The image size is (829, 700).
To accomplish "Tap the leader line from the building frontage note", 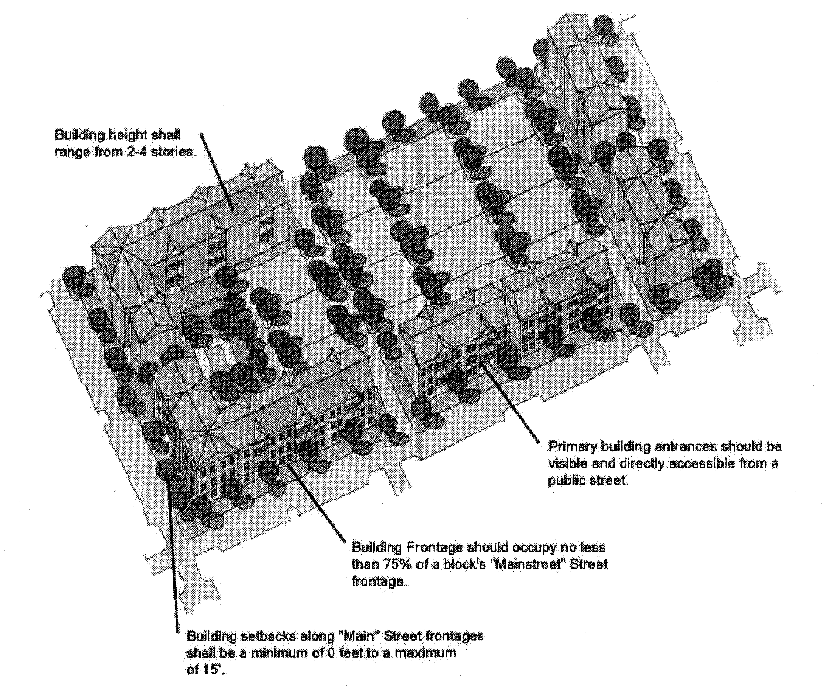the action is (x=317, y=504).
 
